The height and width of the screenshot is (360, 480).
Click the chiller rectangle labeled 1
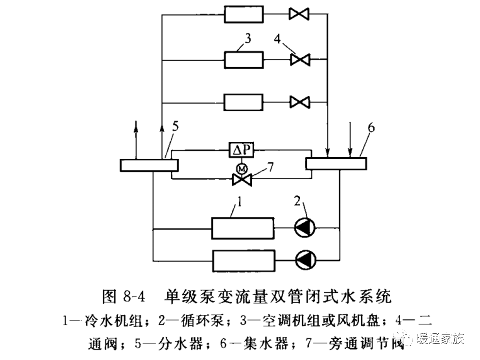click(x=242, y=228)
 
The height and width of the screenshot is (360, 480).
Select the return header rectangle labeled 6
click(x=336, y=163)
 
